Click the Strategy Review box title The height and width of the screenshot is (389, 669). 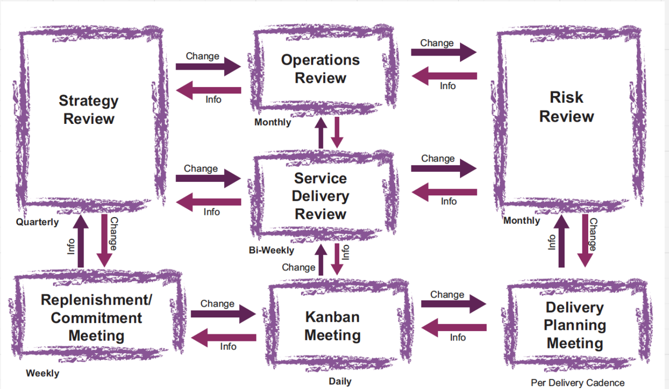click(x=89, y=110)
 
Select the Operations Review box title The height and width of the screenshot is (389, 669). click(x=320, y=69)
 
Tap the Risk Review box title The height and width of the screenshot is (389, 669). click(x=566, y=107)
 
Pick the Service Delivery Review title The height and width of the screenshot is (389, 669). click(x=321, y=196)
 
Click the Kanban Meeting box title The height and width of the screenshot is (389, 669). click(x=332, y=326)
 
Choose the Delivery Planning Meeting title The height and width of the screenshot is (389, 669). click(x=575, y=325)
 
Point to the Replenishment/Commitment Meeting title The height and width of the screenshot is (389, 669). click(x=96, y=318)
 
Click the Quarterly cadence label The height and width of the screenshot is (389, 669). click(x=37, y=222)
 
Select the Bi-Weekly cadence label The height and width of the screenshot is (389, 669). click(x=272, y=251)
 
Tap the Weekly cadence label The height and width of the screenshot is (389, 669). click(x=42, y=373)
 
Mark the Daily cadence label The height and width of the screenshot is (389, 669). click(x=340, y=382)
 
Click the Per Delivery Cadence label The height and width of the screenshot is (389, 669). click(x=578, y=383)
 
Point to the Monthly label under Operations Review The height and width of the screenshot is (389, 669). click(x=273, y=122)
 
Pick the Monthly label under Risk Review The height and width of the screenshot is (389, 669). click(x=522, y=220)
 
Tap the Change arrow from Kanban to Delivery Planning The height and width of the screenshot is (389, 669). click(x=453, y=304)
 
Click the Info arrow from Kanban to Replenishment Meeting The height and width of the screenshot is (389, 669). click(x=224, y=337)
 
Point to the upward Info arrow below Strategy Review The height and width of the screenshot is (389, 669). click(x=81, y=241)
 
